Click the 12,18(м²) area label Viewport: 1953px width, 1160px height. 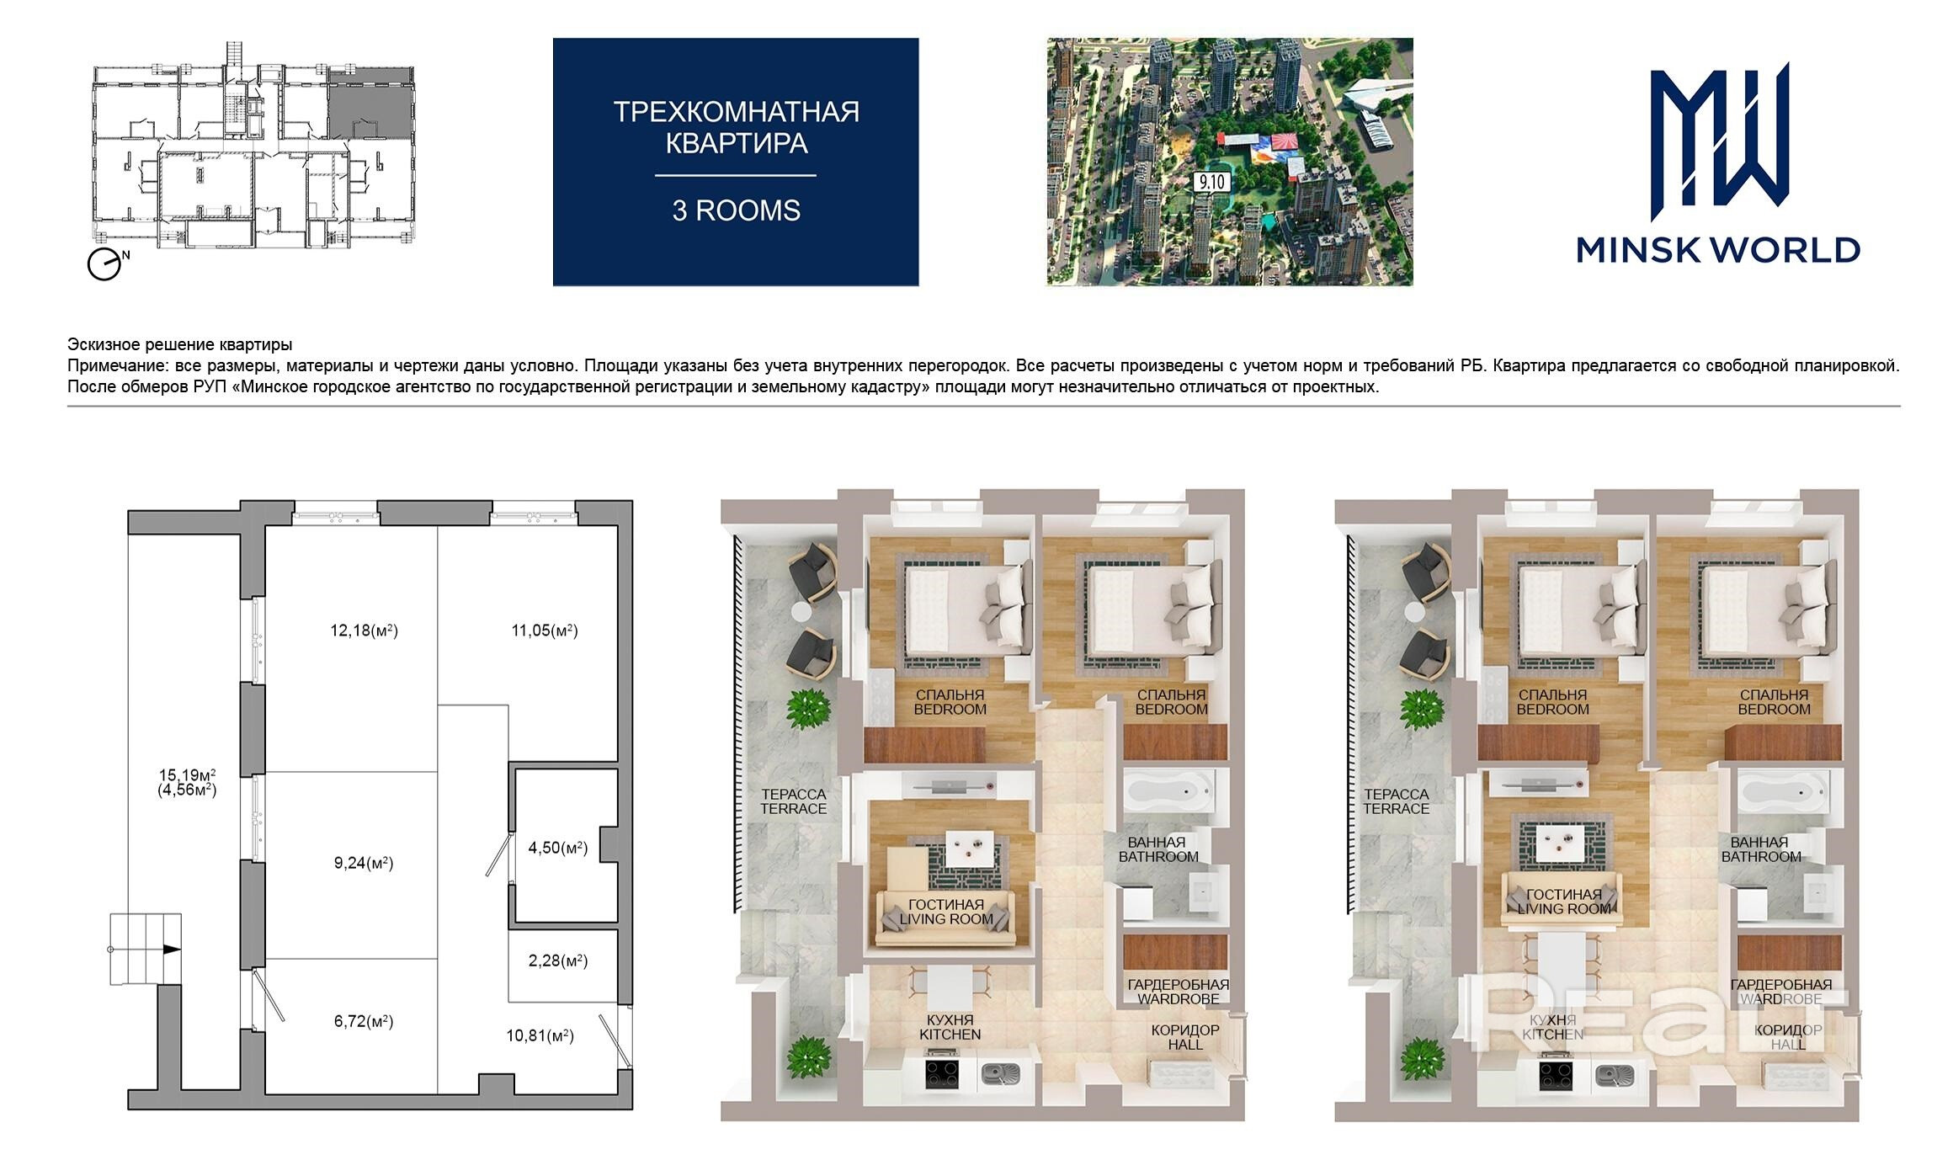click(364, 631)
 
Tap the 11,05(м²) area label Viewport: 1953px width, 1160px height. click(545, 631)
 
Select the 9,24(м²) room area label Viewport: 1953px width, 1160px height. click(364, 863)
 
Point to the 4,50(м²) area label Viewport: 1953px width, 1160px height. click(557, 848)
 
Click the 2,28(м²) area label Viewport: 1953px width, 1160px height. click(557, 960)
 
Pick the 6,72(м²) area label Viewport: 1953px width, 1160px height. click(364, 1021)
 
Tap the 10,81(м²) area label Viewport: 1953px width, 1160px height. click(540, 1036)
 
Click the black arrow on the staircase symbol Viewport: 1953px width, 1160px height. click(172, 949)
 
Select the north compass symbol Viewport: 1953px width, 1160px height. click(105, 264)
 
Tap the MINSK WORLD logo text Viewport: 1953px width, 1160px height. click(1718, 250)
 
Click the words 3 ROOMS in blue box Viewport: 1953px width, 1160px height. click(736, 210)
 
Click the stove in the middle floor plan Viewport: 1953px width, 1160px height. click(943, 1075)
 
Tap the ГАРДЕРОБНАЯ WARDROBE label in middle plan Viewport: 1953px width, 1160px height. click(1179, 992)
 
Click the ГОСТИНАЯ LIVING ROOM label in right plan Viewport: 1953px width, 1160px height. click(1564, 902)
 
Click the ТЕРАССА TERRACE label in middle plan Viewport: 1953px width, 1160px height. click(793, 801)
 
